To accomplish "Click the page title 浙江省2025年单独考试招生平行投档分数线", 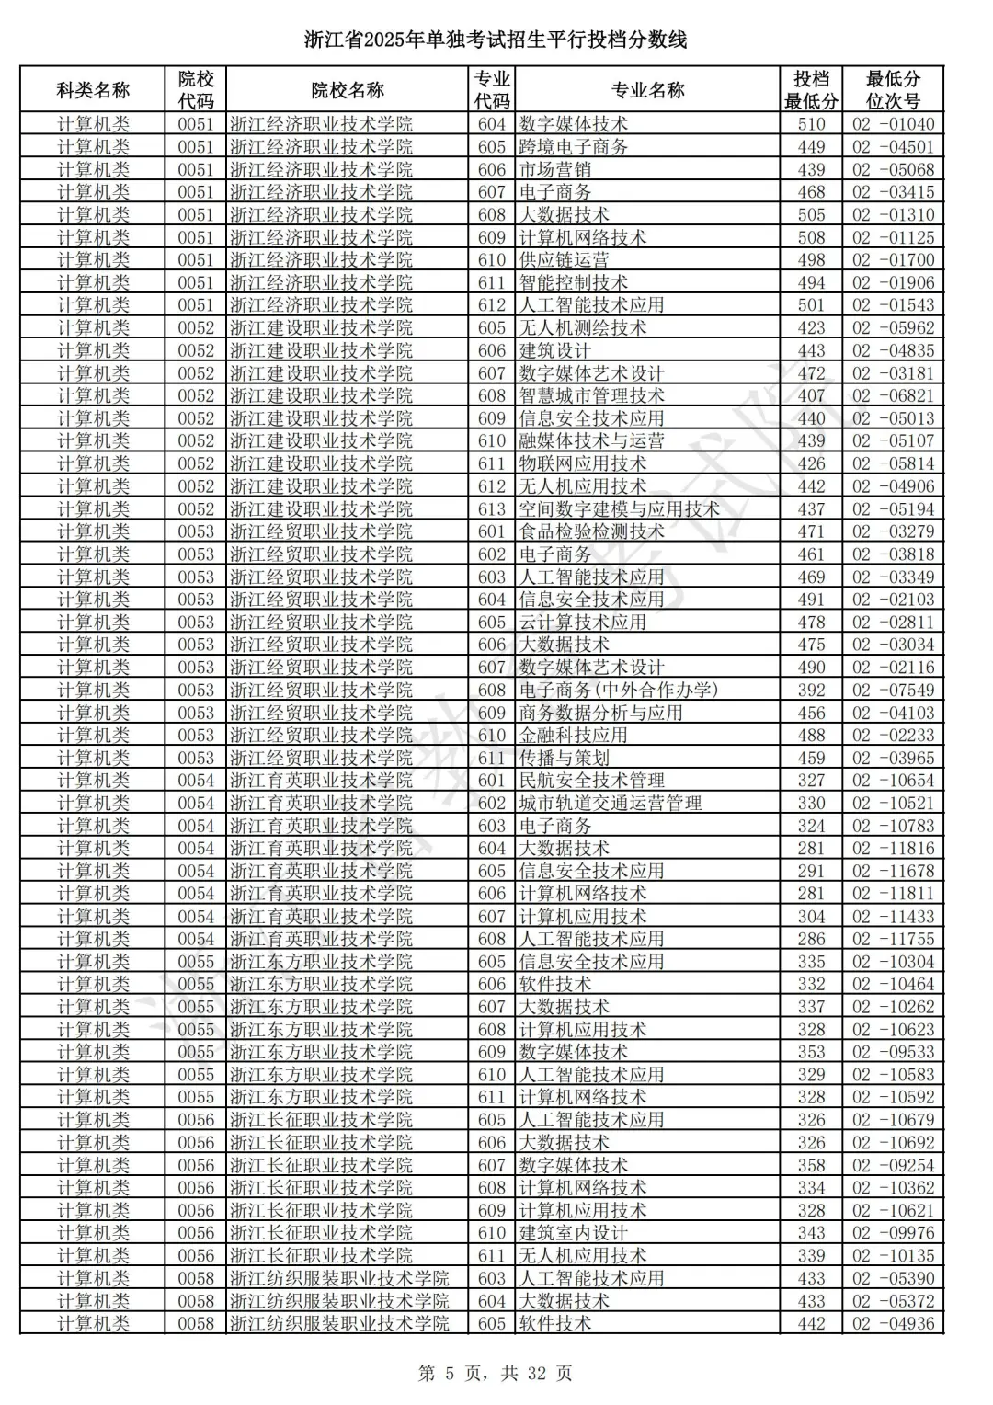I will click(496, 40).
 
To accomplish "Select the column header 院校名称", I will click(348, 90).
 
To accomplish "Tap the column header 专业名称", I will click(647, 90).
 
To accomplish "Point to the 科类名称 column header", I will click(93, 90).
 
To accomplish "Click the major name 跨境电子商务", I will click(574, 147).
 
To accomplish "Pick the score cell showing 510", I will click(811, 124).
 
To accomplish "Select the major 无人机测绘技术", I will click(583, 328).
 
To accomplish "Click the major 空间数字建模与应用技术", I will click(620, 509).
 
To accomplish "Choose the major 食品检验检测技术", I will click(592, 531).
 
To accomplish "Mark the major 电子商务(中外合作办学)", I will click(619, 691).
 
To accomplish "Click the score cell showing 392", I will click(811, 691).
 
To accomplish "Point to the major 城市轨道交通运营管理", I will click(611, 804).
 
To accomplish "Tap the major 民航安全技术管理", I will click(592, 781).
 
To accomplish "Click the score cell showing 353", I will click(811, 1052).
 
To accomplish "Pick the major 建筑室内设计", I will click(574, 1233).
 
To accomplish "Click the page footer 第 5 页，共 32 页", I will click(496, 1374).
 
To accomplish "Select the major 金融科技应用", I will click(574, 736).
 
